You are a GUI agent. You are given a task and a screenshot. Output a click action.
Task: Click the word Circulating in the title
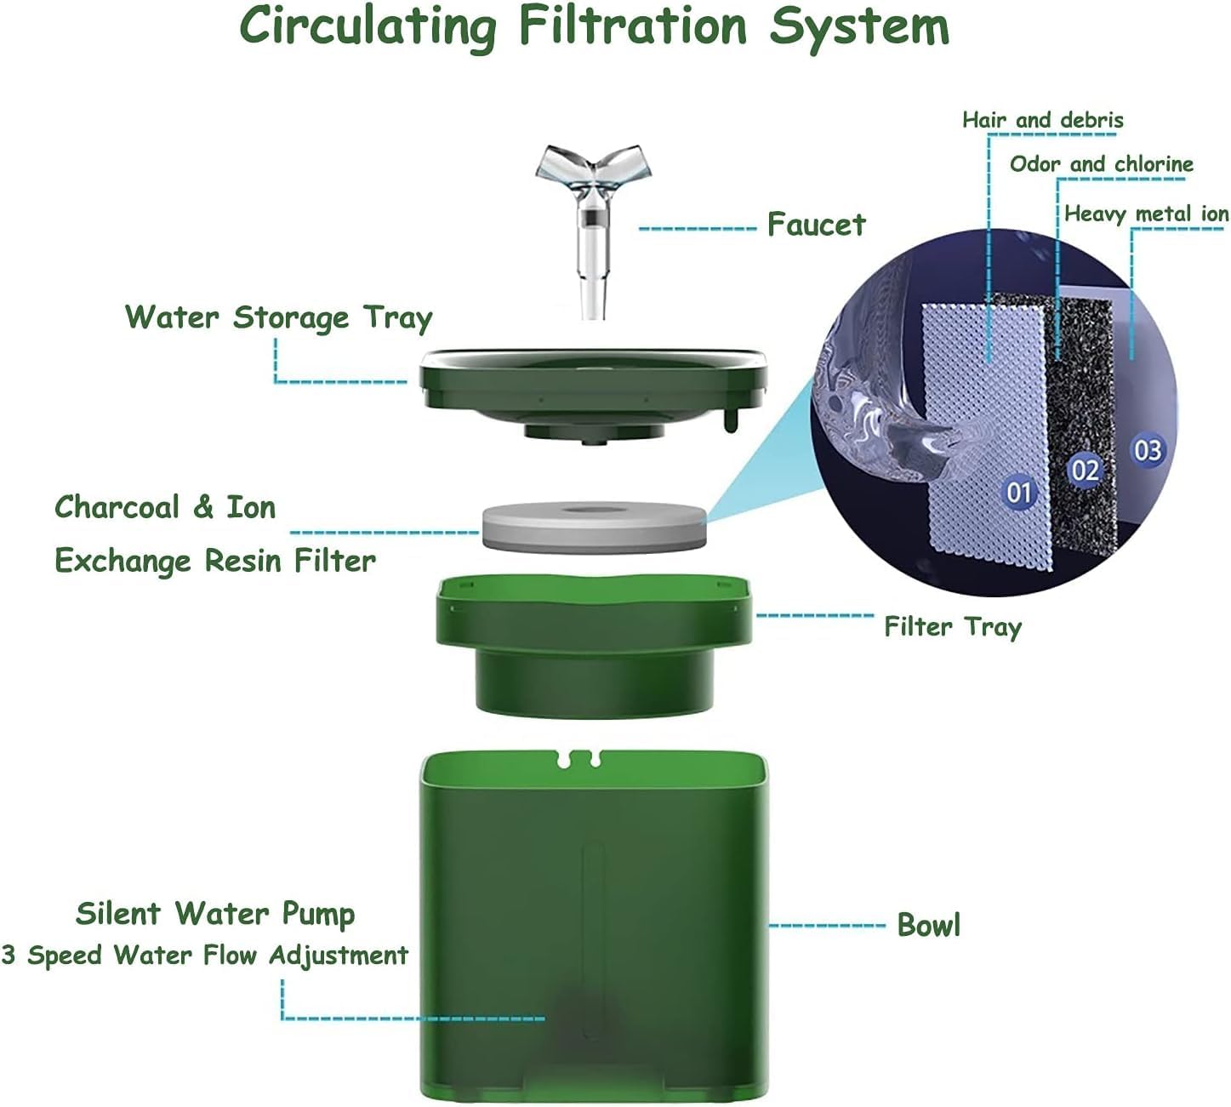pos(368,28)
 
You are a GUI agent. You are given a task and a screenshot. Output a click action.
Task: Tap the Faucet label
pos(816,225)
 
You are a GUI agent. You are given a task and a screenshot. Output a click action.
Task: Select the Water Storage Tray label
pos(278,318)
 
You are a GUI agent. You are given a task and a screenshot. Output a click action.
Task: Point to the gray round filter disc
pos(594,527)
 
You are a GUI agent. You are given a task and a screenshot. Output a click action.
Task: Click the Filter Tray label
pos(953,627)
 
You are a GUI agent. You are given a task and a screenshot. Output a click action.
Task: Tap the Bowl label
pos(928,925)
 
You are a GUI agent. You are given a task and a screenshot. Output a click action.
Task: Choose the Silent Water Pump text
pos(215,914)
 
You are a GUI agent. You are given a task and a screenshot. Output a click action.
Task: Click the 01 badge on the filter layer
pos(1019,492)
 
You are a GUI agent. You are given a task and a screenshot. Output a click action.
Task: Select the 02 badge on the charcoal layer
pos(1085,471)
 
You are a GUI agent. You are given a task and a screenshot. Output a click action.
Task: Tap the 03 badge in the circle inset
pos(1148,451)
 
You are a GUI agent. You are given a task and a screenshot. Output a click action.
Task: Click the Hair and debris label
pos(1043,120)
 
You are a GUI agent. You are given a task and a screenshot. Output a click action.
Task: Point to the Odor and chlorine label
pos(1102,164)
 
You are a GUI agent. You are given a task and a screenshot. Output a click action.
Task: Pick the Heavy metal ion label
pos(1146,214)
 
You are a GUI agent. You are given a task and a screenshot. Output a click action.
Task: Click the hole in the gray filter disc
pos(594,509)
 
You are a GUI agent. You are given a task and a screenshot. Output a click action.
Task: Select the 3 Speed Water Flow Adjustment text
pos(205,956)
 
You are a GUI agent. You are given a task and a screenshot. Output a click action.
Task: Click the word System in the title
pos(859,28)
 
